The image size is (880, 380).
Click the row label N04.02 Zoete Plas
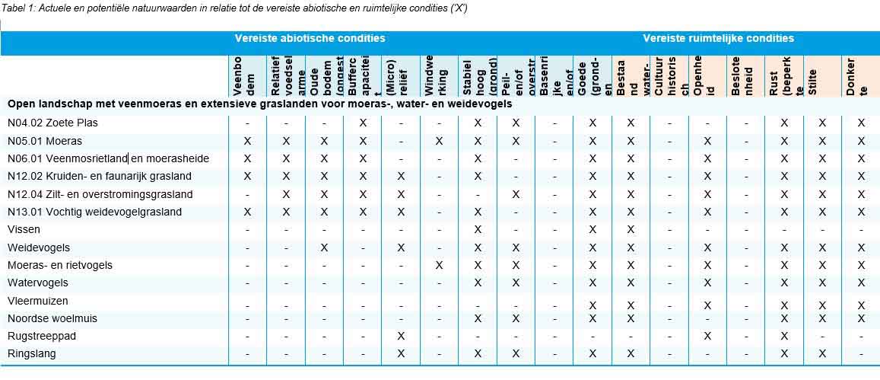point(52,123)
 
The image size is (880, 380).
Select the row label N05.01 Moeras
point(45,141)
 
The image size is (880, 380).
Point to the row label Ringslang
point(32,353)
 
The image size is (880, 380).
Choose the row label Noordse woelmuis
point(52,318)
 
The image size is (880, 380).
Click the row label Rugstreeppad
point(42,336)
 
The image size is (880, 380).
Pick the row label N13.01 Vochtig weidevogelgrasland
point(94,212)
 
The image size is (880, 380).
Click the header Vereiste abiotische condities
point(310,38)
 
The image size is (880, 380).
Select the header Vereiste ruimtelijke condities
point(718,38)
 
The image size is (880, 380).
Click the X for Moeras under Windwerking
point(439,141)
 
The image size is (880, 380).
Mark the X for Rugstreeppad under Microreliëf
point(401,336)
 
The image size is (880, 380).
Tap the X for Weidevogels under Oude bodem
point(324,247)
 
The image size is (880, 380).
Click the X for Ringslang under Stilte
point(822,353)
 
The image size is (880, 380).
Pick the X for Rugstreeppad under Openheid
point(707,336)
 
